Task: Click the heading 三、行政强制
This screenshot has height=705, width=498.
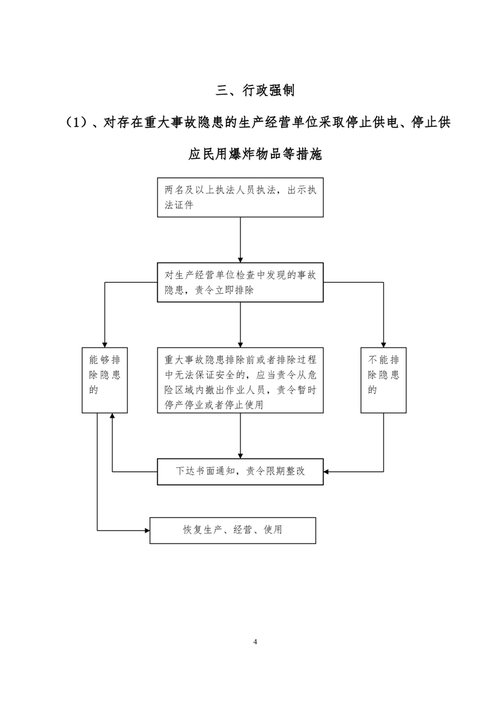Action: pyautogui.click(x=255, y=90)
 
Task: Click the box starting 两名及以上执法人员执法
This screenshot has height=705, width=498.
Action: pyautogui.click(x=240, y=197)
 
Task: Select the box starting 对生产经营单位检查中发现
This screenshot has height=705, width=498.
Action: pyautogui.click(x=240, y=282)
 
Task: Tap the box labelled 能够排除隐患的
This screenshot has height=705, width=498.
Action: pyautogui.click(x=105, y=380)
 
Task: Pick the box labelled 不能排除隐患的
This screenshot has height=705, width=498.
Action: pyautogui.click(x=383, y=380)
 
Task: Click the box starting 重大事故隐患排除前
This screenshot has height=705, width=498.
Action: pyautogui.click(x=240, y=380)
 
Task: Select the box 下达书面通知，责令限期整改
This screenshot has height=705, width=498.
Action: pyautogui.click(x=240, y=472)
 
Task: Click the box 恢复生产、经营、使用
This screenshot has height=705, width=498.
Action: pyautogui.click(x=233, y=530)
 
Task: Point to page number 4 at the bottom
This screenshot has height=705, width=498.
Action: pyautogui.click(x=255, y=642)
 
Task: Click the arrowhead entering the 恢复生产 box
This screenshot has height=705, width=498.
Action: pyautogui.click(x=147, y=530)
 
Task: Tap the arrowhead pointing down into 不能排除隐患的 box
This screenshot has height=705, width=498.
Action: pyautogui.click(x=383, y=345)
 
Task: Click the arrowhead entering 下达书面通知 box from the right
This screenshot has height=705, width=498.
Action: pyautogui.click(x=327, y=472)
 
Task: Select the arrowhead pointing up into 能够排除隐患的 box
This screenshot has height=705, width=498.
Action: pyautogui.click(x=112, y=416)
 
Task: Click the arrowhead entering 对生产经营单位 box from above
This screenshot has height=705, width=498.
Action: pyautogui.click(x=240, y=260)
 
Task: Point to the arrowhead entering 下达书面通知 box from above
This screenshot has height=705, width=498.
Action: pyautogui.click(x=240, y=456)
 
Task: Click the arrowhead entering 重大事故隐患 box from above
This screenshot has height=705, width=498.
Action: pyautogui.click(x=240, y=345)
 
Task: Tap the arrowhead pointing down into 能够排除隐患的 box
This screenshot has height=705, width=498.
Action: pyautogui.click(x=105, y=345)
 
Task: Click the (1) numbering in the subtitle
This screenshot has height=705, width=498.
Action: pyautogui.click(x=77, y=123)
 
